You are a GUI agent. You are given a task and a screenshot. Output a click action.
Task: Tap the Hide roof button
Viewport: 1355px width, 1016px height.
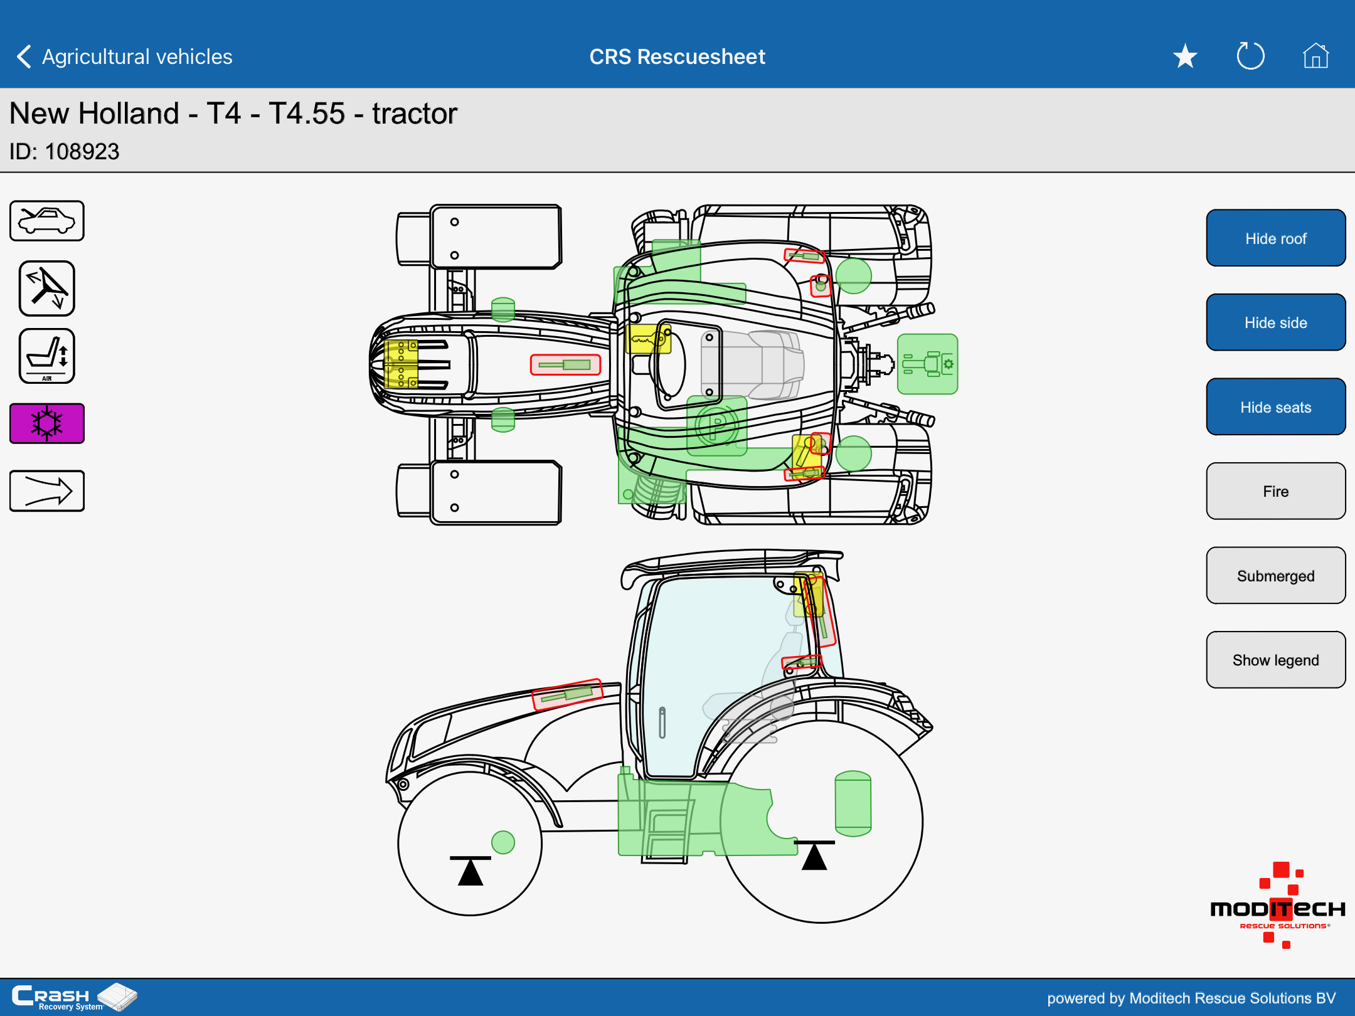(x=1275, y=238)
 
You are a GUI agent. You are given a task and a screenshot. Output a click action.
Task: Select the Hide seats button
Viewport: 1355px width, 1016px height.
(x=1275, y=407)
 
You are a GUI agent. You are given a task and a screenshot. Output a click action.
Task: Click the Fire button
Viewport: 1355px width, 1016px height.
(x=1275, y=491)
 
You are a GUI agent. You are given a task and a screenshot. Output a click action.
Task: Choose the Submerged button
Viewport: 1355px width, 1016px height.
(x=1275, y=576)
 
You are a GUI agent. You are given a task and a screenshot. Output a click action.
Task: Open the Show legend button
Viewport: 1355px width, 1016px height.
(x=1275, y=660)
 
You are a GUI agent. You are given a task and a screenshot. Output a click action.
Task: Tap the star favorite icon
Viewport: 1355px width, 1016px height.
(x=1185, y=56)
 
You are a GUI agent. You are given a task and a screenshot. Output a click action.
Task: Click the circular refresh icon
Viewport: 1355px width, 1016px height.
(x=1250, y=56)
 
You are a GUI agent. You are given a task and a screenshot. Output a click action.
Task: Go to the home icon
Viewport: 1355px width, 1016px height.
(x=1315, y=56)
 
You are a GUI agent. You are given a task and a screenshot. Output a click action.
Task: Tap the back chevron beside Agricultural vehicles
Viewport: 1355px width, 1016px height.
(x=24, y=56)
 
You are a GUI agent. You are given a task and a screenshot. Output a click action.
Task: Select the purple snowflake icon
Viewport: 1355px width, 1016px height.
(x=47, y=423)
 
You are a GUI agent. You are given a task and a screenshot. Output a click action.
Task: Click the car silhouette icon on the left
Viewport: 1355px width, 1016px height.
(x=47, y=221)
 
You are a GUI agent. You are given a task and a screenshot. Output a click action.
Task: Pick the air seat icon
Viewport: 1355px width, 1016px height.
(x=47, y=356)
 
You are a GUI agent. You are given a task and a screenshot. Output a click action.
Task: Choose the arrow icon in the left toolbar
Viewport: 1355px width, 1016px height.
(x=47, y=491)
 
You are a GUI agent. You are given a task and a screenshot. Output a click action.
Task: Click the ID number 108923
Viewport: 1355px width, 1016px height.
(x=82, y=152)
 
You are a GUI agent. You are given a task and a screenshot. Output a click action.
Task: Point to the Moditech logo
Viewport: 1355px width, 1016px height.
(x=1278, y=906)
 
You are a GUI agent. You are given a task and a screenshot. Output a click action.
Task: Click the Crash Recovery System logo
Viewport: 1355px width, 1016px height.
(x=74, y=997)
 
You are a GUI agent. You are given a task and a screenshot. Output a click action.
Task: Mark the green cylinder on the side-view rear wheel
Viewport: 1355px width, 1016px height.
(x=853, y=804)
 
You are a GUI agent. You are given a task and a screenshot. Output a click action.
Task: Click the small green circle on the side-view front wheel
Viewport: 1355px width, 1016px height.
(x=503, y=842)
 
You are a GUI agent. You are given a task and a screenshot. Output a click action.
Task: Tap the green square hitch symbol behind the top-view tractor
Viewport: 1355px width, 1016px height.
(x=928, y=364)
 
